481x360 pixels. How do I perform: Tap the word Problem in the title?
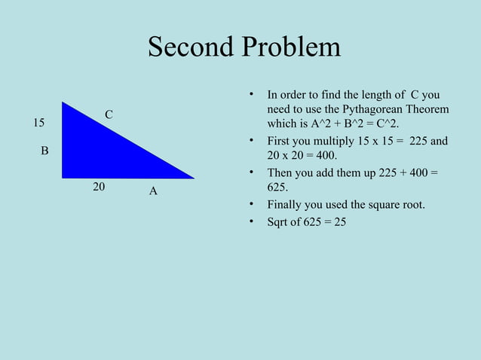coord(289,48)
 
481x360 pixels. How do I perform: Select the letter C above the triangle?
coord(109,114)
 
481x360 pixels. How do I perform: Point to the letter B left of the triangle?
coord(44,151)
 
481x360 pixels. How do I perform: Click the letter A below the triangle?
coord(153,191)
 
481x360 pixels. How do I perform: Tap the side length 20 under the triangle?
coord(99,186)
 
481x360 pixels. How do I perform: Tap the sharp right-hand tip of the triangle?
coord(192,178)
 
